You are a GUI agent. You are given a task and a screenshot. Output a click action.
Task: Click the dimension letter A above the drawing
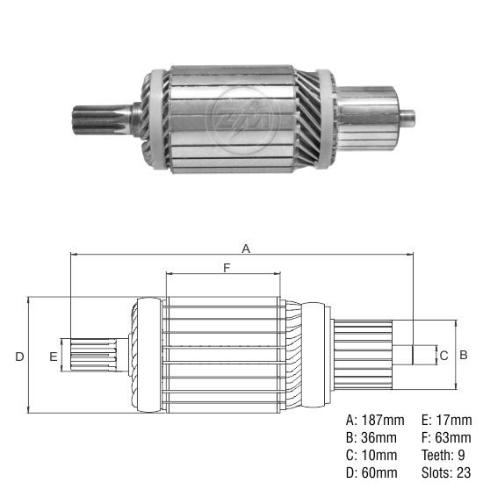point(246,249)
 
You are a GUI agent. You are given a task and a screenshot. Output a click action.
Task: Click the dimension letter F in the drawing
point(227,269)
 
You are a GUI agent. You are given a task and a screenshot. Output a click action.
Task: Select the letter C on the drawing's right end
point(443,355)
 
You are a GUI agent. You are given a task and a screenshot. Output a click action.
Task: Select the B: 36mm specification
point(371,437)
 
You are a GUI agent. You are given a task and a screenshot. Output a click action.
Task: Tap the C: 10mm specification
point(371,456)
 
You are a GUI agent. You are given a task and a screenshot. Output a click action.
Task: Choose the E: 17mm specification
point(443,419)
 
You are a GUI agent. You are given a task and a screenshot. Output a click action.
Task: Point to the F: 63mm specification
point(443,437)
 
